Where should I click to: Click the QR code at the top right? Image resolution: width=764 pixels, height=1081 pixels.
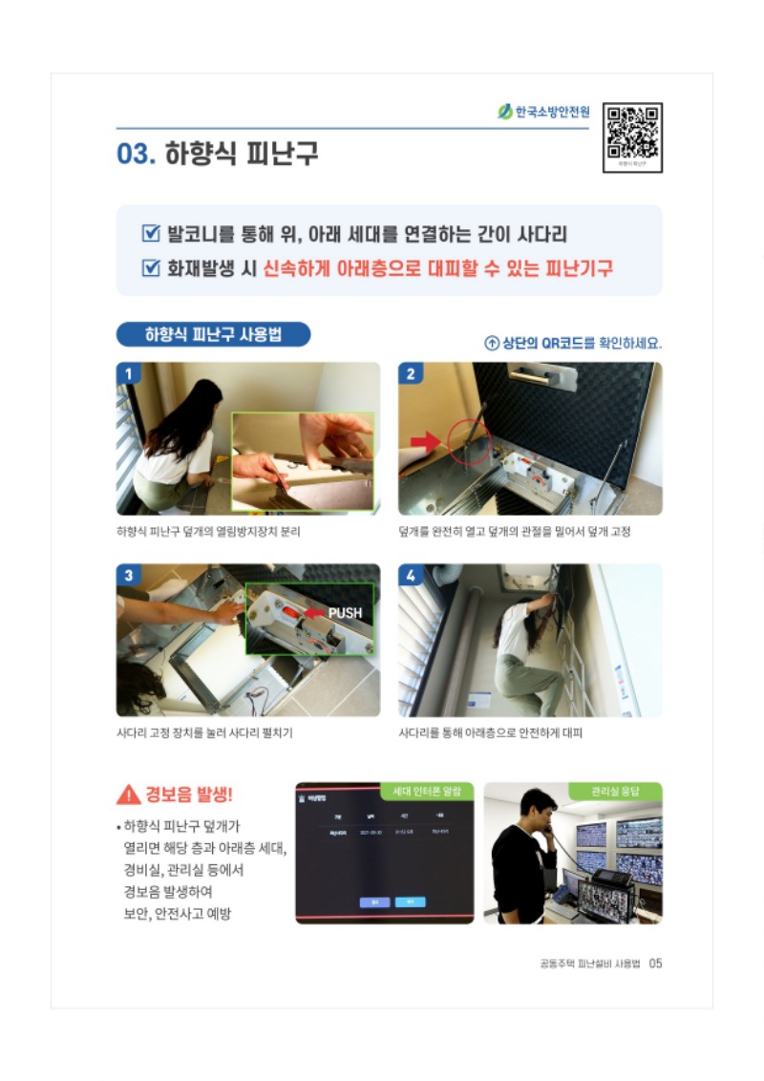(632, 135)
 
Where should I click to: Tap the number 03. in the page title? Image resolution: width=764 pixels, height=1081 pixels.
(136, 154)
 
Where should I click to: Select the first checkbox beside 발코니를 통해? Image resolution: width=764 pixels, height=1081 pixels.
(150, 233)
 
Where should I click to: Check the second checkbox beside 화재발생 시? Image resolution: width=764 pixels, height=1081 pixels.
(150, 268)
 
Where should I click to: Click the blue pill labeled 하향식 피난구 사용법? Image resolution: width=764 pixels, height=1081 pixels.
(213, 334)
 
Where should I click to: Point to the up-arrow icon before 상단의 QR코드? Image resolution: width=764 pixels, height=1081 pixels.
(492, 343)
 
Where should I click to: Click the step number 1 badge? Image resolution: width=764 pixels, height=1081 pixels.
(128, 373)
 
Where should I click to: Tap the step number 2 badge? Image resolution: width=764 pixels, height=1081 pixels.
(410, 373)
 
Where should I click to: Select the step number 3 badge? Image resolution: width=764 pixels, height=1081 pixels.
(128, 575)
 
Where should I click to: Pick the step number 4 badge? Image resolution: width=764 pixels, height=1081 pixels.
(410, 575)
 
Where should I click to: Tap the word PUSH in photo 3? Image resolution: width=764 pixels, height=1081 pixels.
(345, 612)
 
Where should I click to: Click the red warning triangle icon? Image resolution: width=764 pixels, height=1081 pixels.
(128, 795)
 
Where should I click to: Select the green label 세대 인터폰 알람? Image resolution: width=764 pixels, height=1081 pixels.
(427, 792)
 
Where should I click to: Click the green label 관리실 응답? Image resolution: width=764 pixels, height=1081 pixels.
(615, 792)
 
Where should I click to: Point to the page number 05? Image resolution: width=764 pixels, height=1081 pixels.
(655, 963)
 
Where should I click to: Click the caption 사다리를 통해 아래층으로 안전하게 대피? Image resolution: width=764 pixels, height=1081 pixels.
(490, 733)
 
